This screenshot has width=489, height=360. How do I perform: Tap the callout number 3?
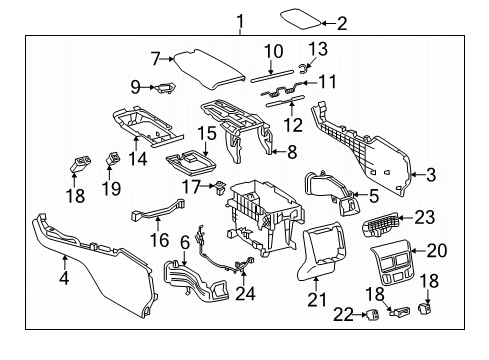(x=430, y=175)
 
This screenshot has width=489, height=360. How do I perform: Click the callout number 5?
(x=373, y=196)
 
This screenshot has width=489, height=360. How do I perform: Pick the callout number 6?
(x=185, y=242)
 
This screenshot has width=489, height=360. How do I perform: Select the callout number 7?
(x=154, y=58)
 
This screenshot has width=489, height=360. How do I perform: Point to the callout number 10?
(x=274, y=50)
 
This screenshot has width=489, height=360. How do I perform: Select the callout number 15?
(x=205, y=132)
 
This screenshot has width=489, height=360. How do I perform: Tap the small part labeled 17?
(x=213, y=185)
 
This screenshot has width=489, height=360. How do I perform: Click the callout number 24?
(x=245, y=293)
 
